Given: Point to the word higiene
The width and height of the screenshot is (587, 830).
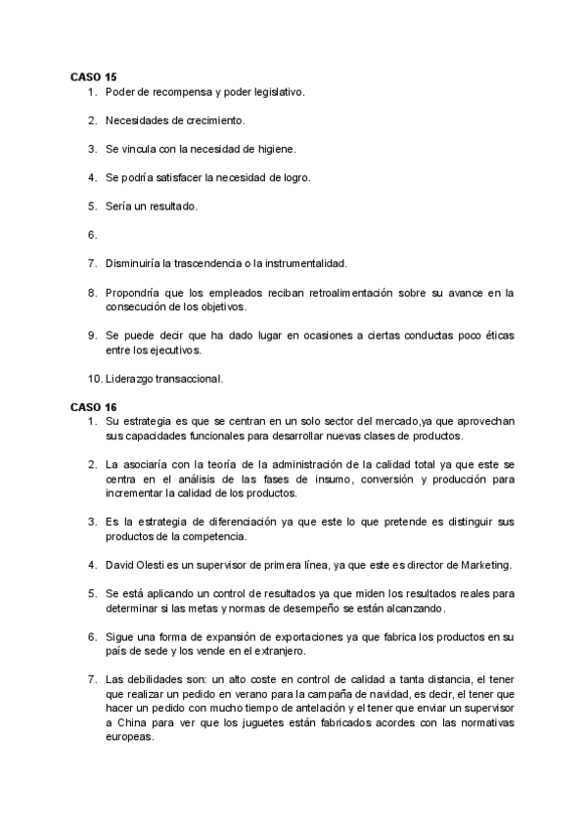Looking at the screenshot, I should [x=268, y=149].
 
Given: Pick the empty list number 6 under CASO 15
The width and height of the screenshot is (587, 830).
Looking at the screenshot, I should [x=91, y=235].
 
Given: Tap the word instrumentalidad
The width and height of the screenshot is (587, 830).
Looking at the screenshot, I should [x=297, y=263].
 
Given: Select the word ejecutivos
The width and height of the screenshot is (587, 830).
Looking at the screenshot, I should [x=151, y=349].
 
